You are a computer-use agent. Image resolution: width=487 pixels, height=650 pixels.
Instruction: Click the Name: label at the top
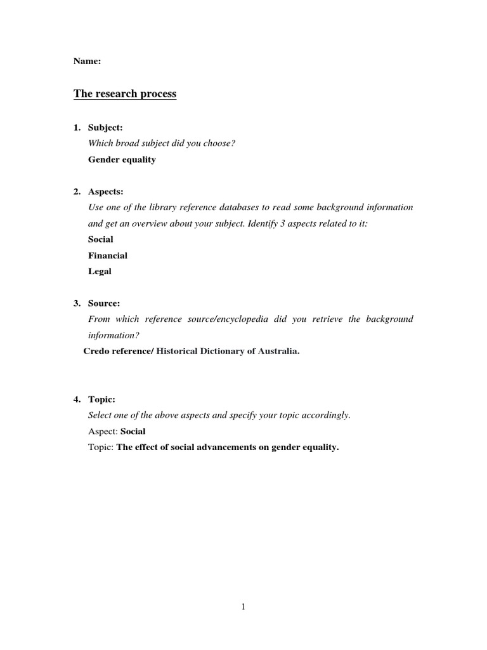(87, 62)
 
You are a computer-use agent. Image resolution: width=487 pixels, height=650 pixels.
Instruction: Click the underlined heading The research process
(125, 94)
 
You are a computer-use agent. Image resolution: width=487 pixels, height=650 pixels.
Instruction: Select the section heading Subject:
(105, 128)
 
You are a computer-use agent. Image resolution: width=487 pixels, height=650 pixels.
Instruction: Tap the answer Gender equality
(122, 159)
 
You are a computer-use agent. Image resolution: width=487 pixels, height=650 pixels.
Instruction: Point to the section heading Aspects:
(106, 191)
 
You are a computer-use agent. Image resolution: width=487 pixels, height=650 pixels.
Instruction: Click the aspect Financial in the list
(108, 255)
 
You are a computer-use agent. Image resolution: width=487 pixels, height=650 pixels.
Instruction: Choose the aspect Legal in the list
(100, 271)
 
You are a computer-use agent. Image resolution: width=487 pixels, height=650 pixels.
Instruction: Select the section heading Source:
(104, 303)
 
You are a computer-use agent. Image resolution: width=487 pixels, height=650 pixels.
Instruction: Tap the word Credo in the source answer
(96, 351)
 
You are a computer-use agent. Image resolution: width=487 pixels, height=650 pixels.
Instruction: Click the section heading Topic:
(102, 399)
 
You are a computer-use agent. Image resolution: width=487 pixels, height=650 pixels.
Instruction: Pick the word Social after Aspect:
(133, 432)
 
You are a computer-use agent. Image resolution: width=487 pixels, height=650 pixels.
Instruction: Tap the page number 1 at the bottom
(243, 607)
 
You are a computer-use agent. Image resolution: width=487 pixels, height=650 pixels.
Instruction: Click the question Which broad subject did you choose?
(162, 143)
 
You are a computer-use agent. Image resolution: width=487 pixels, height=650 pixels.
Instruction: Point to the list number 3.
(76, 303)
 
